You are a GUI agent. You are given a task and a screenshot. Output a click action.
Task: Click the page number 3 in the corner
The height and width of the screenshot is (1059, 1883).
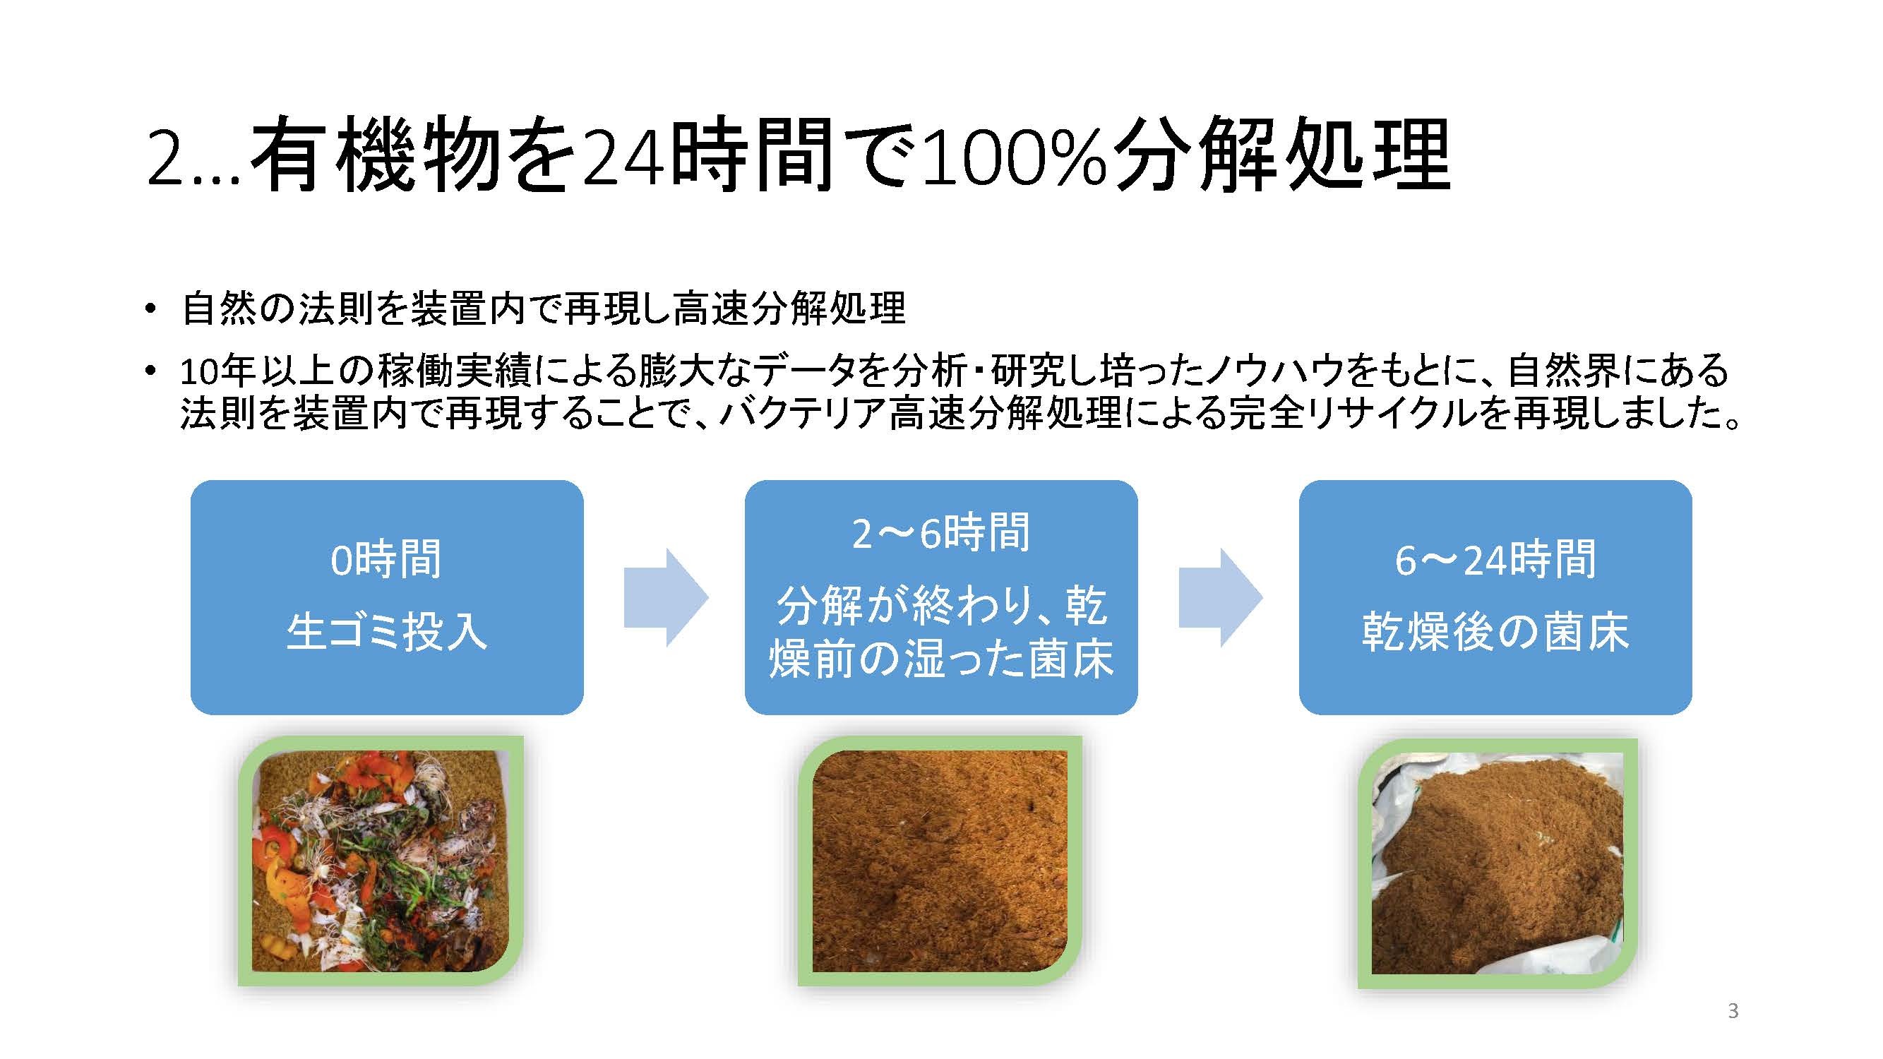tap(1733, 1012)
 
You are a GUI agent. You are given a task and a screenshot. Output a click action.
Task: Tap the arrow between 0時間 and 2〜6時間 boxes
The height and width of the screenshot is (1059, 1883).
tap(666, 597)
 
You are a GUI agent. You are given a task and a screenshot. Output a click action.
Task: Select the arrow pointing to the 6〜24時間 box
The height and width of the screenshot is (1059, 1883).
tap(1221, 597)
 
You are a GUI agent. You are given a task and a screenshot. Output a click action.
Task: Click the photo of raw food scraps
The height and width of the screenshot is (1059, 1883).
tap(381, 860)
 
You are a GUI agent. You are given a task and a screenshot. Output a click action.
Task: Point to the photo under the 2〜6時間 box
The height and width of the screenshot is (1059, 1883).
tap(939, 860)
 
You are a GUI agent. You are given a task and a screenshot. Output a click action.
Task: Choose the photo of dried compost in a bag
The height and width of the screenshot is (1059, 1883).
tap(1498, 863)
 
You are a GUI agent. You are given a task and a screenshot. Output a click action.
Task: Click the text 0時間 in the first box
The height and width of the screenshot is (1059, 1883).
tap(386, 560)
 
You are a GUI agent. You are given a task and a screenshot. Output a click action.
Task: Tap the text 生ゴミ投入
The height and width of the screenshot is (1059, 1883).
tap(386, 631)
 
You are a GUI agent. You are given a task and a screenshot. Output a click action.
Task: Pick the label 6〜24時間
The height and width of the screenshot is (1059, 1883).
tap(1495, 560)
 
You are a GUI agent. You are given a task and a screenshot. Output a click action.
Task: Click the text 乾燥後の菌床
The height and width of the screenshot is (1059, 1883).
tap(1495, 631)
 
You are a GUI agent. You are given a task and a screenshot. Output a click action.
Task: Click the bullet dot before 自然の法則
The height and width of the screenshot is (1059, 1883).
tap(150, 309)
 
